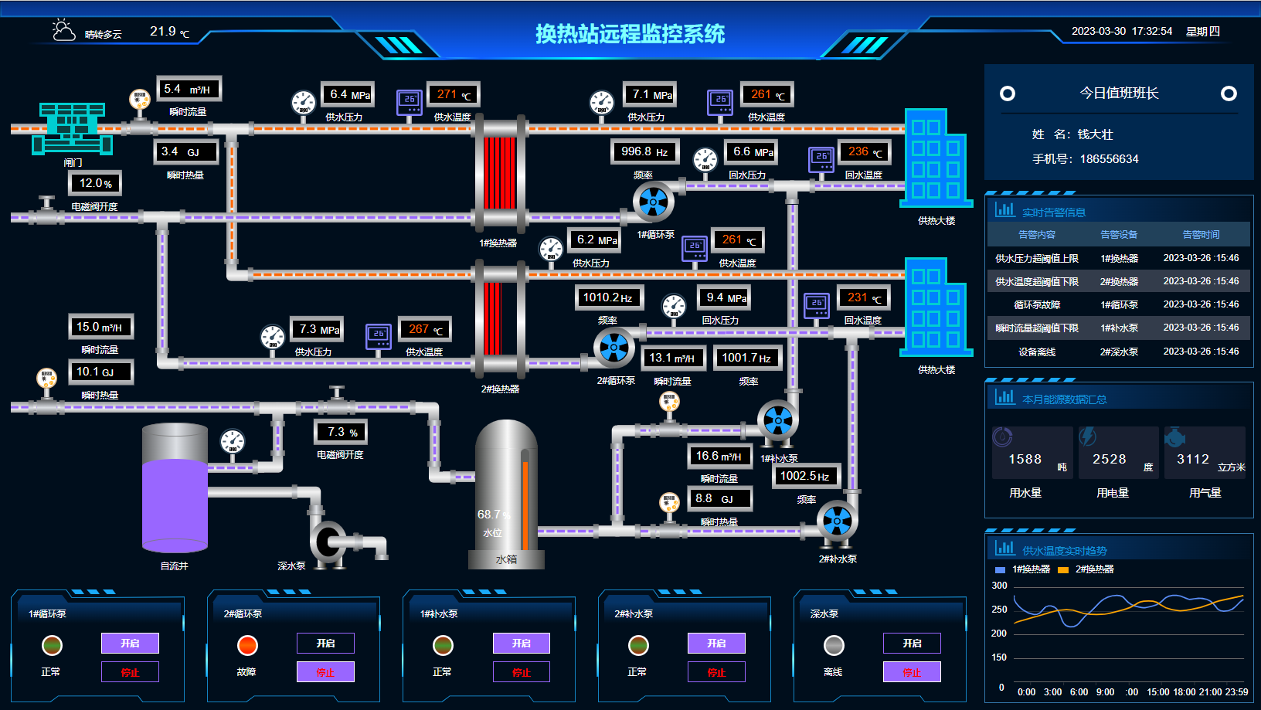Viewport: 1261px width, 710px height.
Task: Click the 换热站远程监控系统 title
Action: [x=630, y=34]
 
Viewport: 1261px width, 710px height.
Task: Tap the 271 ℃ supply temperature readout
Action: [x=453, y=95]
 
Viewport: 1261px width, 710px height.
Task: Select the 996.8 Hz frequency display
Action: [x=644, y=152]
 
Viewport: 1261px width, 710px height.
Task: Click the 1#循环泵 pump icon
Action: [x=653, y=202]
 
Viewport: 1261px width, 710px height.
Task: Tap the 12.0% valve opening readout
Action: [x=96, y=184]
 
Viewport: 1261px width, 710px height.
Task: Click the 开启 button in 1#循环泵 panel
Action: [x=130, y=643]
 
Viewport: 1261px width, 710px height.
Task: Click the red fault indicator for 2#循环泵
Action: [x=247, y=645]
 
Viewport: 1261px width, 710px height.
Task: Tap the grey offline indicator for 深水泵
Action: [x=834, y=645]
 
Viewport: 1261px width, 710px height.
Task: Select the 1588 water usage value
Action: [x=1025, y=460]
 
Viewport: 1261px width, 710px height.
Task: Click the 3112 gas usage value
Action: [x=1192, y=460]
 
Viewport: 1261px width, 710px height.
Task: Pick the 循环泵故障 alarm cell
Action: [x=1037, y=305]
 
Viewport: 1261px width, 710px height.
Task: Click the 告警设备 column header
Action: [x=1118, y=235]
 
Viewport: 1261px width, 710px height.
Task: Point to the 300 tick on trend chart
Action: [x=999, y=586]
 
